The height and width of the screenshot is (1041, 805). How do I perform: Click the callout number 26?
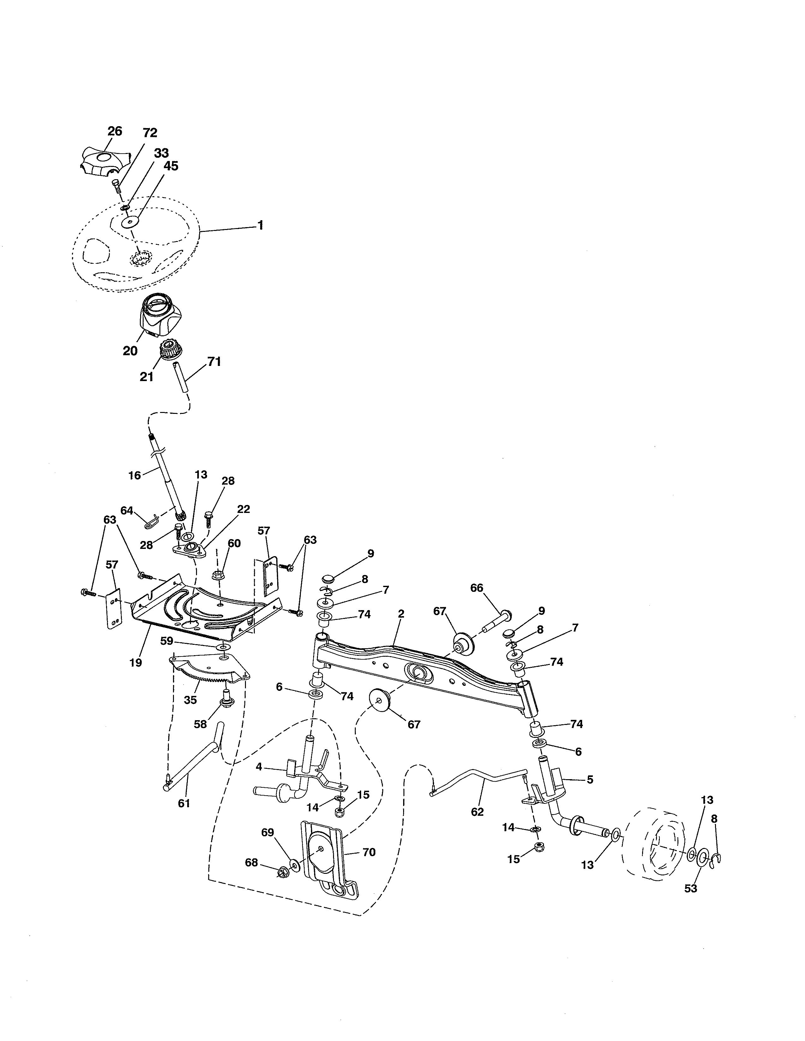[x=115, y=131]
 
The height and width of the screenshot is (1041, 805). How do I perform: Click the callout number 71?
[x=214, y=362]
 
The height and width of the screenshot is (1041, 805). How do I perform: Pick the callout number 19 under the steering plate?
[x=135, y=662]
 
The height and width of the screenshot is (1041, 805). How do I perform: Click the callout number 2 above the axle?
[x=401, y=614]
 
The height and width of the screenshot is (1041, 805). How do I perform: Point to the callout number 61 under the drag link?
[x=184, y=803]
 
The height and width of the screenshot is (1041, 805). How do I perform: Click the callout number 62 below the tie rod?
[x=477, y=812]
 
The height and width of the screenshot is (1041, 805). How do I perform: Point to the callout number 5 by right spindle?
[x=590, y=780]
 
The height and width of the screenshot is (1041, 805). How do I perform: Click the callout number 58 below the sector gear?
[x=200, y=724]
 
